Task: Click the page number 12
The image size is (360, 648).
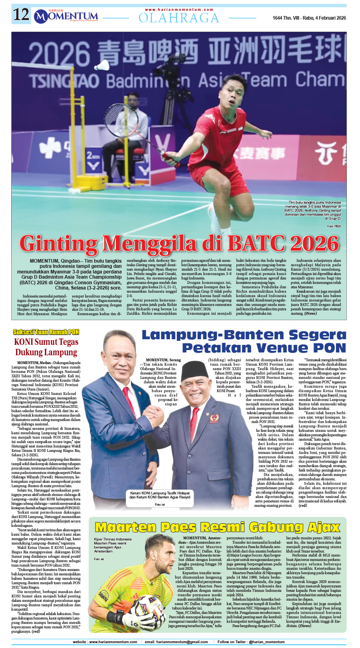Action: [21, 15]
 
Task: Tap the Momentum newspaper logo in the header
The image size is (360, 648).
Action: [66, 16]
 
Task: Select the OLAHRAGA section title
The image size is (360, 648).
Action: [179, 18]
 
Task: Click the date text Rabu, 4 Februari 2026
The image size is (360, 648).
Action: [321, 18]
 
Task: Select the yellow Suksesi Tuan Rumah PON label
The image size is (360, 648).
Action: [46, 332]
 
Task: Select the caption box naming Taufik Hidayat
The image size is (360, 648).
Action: [160, 495]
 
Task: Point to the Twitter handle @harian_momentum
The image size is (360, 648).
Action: [267, 642]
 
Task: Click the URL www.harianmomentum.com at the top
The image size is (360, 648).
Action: [179, 10]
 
